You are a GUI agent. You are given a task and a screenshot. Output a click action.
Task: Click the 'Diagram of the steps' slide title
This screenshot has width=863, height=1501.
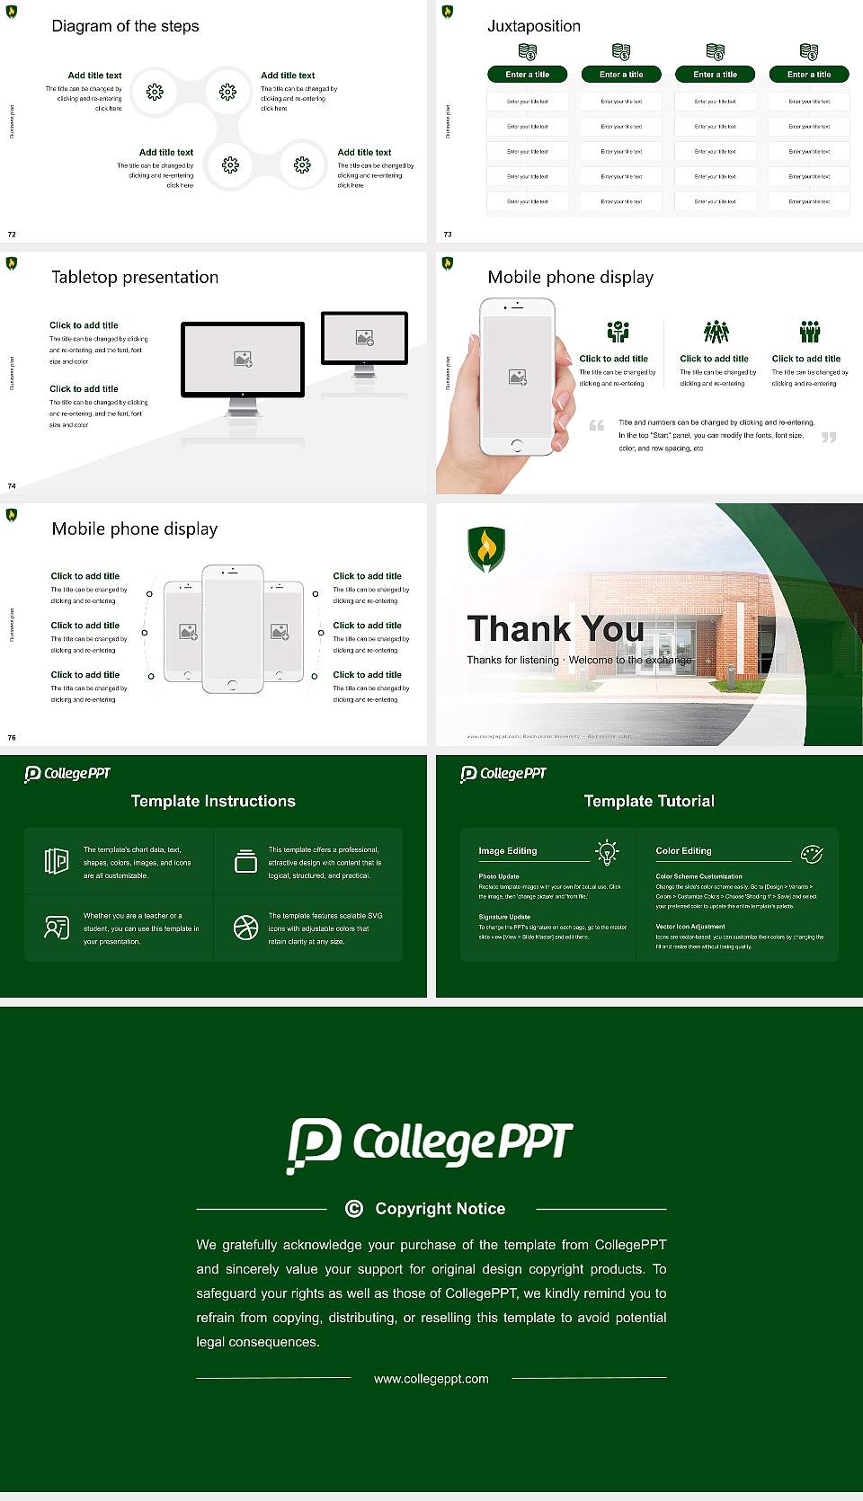click(125, 26)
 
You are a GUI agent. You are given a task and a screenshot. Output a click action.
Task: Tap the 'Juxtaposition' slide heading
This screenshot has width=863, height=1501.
click(533, 26)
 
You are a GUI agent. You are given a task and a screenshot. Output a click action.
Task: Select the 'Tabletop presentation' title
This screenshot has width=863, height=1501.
click(135, 277)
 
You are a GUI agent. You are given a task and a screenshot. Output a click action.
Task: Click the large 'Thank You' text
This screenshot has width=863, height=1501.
click(555, 628)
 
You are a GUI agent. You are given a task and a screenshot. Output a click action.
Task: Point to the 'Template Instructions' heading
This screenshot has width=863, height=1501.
click(213, 801)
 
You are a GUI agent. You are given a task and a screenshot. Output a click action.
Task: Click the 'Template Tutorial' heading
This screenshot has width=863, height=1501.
click(649, 801)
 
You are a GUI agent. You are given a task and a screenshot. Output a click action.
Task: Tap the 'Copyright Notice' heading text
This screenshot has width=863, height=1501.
click(440, 1209)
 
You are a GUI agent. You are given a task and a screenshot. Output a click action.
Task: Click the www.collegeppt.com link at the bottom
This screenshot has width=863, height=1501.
click(431, 1379)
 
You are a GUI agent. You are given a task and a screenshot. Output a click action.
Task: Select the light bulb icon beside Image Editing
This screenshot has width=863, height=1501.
click(607, 852)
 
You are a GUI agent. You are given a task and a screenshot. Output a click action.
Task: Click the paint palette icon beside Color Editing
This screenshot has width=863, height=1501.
click(812, 853)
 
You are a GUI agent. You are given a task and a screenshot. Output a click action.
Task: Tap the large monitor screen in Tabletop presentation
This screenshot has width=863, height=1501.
click(243, 359)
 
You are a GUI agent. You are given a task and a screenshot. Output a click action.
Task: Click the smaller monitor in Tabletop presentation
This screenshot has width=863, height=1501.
click(364, 338)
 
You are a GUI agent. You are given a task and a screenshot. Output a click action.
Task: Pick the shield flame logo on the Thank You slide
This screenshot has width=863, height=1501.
click(486, 548)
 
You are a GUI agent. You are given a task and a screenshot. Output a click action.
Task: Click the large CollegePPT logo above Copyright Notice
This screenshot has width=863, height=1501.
click(430, 1144)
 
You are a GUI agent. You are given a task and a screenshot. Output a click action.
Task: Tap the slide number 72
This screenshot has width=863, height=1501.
click(12, 234)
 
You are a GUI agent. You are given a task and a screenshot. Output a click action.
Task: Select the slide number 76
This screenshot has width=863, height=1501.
click(12, 737)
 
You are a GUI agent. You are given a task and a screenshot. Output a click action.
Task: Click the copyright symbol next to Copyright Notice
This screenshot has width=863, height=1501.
click(354, 1209)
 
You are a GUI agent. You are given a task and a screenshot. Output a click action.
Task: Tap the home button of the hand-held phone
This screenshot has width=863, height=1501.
click(516, 445)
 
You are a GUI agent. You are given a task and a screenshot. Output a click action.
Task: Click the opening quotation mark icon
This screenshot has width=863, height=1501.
click(596, 425)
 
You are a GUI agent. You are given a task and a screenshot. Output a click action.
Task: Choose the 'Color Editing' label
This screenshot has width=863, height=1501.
click(683, 850)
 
